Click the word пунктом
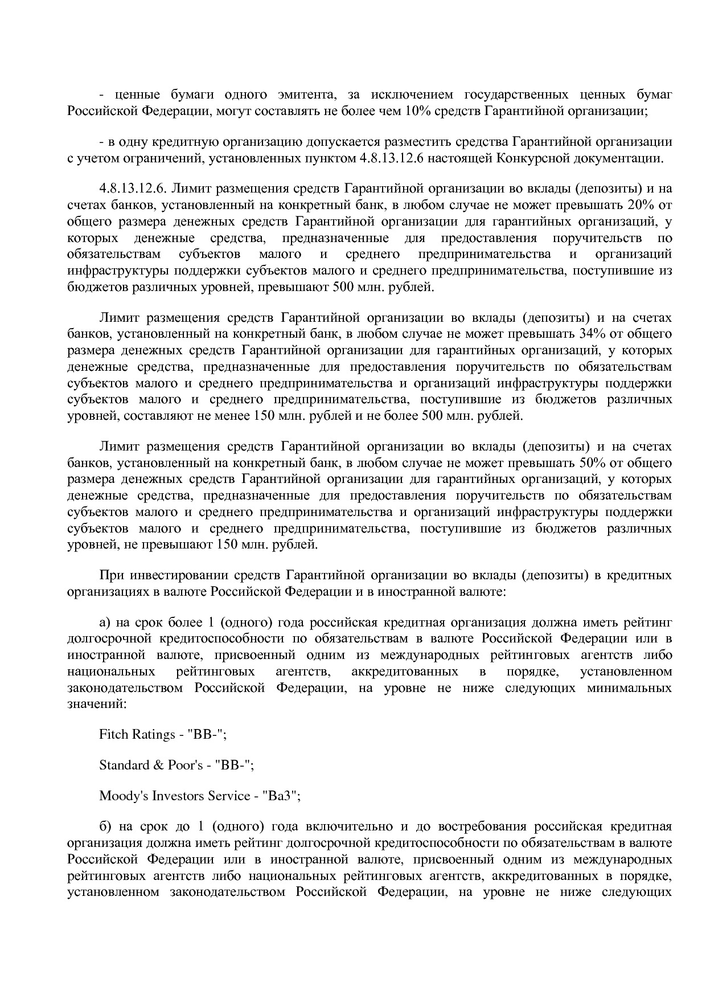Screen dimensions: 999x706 [x=333, y=158]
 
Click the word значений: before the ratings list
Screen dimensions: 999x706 [x=97, y=704]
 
